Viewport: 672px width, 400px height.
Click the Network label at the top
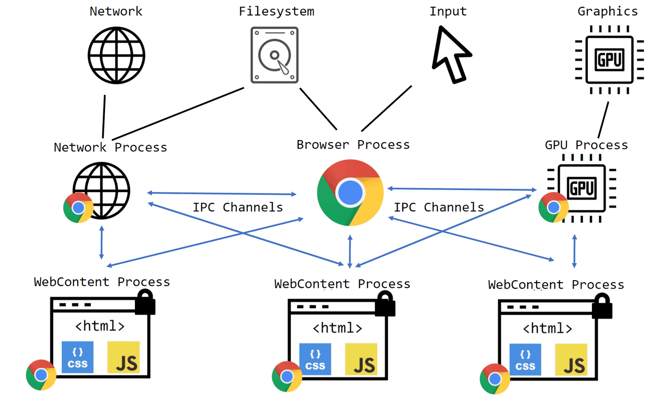[116, 11]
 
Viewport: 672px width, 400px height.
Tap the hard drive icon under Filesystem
[274, 55]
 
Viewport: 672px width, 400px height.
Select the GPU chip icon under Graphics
[609, 59]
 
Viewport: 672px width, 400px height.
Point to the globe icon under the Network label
[116, 56]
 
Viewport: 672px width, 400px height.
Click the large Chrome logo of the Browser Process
[350, 192]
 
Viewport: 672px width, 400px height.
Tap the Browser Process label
[353, 144]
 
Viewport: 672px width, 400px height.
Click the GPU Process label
[586, 145]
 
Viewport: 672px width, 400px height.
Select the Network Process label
[110, 147]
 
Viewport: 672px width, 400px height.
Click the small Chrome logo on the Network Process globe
[78, 208]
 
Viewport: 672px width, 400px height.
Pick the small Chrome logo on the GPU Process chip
[553, 207]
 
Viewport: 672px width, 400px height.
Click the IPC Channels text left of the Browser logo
[238, 207]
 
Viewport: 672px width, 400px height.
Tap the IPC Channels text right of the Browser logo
[439, 207]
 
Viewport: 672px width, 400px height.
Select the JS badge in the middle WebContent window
[361, 359]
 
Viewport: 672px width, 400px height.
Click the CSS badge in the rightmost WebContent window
[525, 360]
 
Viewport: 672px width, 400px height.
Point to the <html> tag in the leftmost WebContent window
[100, 326]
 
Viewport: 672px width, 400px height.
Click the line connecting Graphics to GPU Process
[603, 120]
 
